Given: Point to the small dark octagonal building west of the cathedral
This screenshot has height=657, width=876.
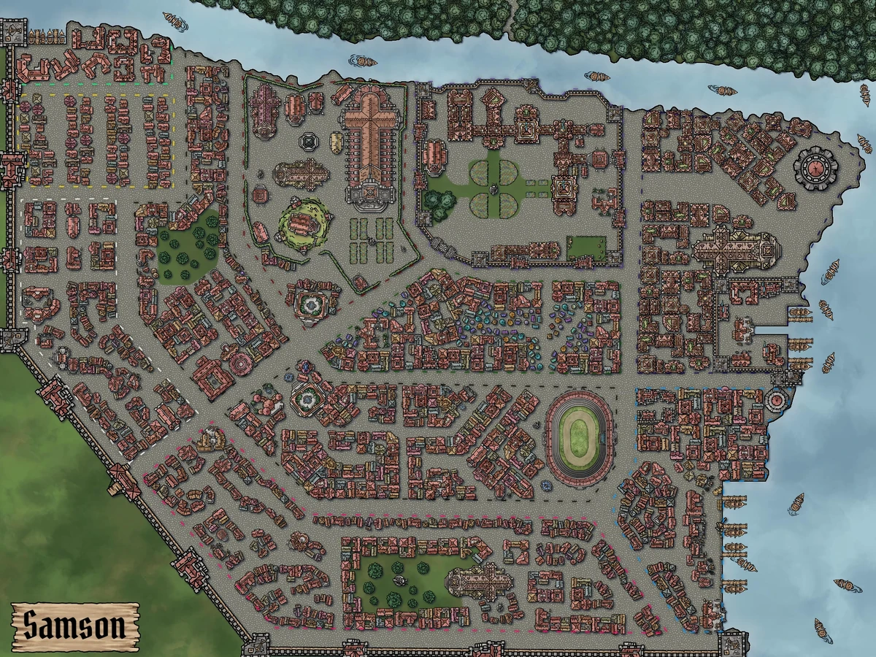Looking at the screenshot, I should click(308, 141).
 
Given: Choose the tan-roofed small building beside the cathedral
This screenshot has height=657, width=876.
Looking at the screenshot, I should click(336, 142).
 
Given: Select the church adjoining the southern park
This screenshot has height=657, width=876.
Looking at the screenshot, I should click(475, 584).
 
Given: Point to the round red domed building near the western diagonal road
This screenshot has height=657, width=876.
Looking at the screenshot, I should click(239, 363).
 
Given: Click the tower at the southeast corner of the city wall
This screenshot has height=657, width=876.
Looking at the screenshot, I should click(731, 642).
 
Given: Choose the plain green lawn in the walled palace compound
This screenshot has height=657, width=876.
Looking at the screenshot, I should click(586, 247).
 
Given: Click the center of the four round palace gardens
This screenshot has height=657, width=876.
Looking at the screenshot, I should click(494, 189).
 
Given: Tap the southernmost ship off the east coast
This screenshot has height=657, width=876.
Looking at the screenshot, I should click(823, 628).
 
